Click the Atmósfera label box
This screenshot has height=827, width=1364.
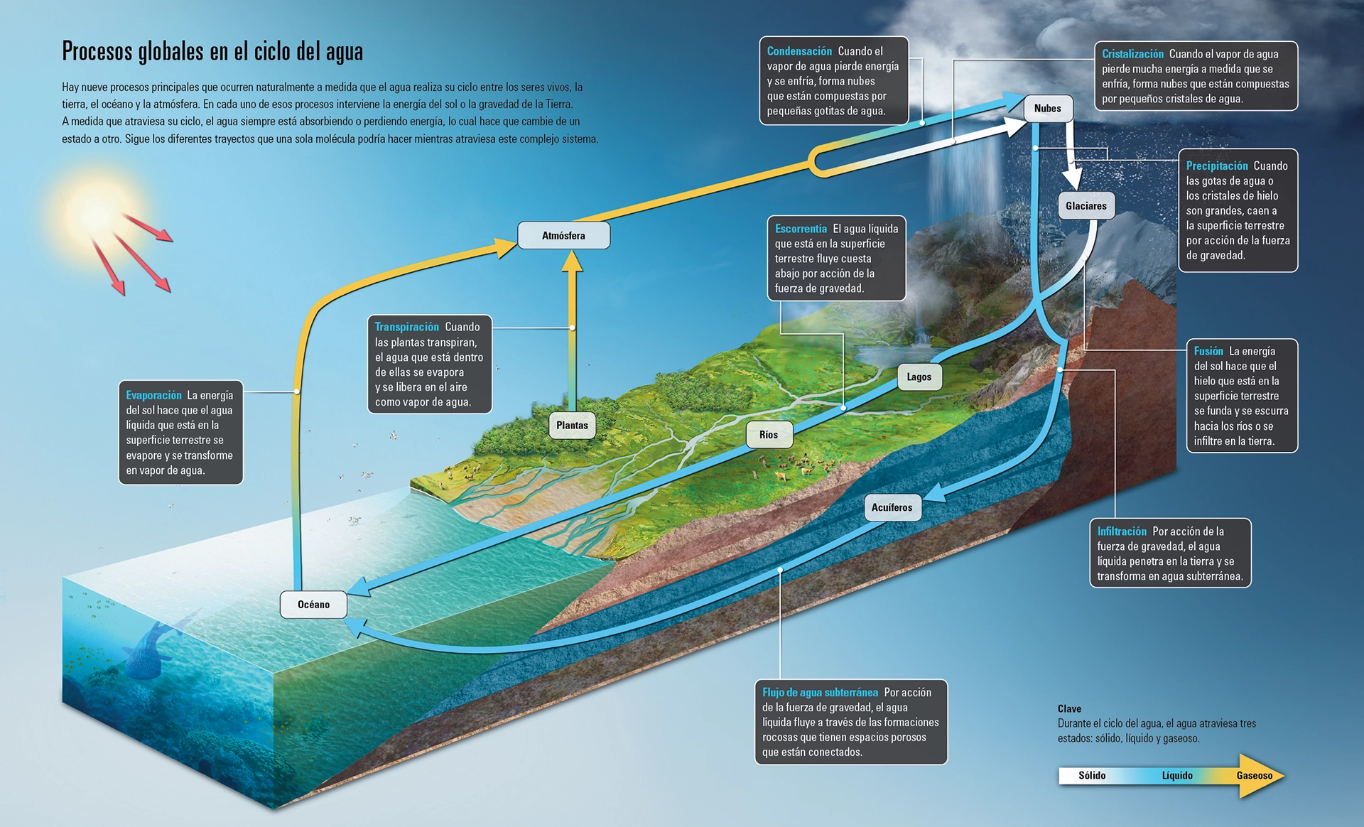pos(563,235)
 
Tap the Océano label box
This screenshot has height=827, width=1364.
pos(313,605)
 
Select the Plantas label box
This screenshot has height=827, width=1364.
pos(572,426)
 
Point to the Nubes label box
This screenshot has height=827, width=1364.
pos(1048,108)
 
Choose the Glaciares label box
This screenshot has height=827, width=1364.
pos(1086,206)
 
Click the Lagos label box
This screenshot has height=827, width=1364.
pos(919,377)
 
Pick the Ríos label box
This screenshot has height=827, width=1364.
pos(769,435)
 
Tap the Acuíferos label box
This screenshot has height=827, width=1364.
pos(892,507)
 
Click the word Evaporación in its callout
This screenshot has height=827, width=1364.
pos(153,395)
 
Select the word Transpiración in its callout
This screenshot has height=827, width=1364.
pos(407,327)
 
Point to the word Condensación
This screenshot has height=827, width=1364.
pos(799,51)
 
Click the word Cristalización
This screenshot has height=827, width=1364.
pos(1132,54)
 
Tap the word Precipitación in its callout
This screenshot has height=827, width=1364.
pos(1217,166)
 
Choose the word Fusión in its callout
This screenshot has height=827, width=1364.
pos(1208,351)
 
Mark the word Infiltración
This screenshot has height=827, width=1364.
pos(1122,531)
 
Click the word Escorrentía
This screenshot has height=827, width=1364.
pos(801,229)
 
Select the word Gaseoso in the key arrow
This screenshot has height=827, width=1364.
pos(1255,775)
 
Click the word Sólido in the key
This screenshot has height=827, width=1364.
pos(1092,775)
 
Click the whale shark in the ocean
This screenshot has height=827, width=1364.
pos(153,650)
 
